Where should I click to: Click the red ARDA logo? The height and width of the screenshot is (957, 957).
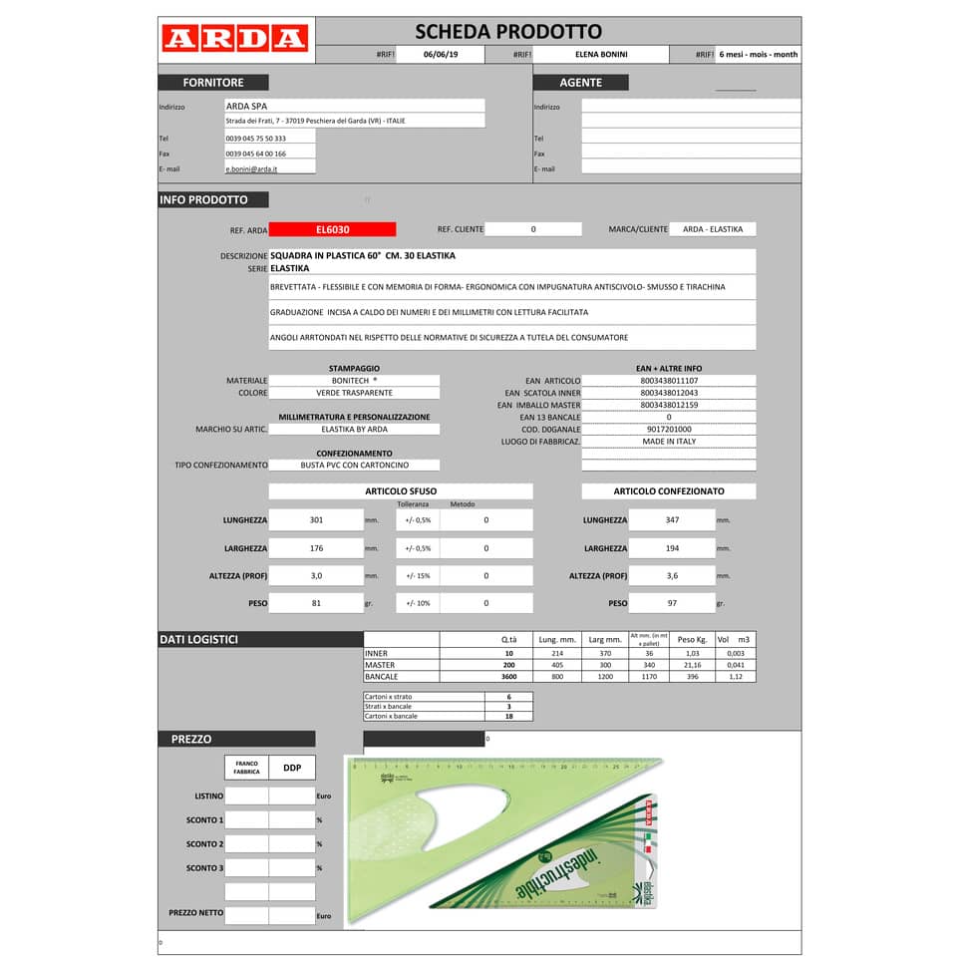click(x=234, y=39)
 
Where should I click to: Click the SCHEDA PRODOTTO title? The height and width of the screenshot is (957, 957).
click(x=507, y=32)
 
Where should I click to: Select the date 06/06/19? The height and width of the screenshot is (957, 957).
click(x=441, y=55)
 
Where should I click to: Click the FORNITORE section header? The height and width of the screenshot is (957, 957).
click(x=212, y=83)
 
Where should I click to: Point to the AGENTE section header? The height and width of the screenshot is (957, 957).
click(x=580, y=83)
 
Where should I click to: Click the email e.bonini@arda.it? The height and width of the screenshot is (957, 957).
click(x=251, y=169)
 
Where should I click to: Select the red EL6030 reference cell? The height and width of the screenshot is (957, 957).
click(x=333, y=229)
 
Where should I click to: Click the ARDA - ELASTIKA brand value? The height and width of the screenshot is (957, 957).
click(x=712, y=229)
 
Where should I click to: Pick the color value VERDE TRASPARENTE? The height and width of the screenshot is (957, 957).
click(x=354, y=393)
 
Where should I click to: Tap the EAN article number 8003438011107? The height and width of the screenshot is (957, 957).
click(x=669, y=381)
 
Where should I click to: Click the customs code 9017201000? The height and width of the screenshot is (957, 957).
click(x=669, y=429)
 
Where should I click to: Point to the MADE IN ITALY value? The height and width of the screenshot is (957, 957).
click(x=669, y=441)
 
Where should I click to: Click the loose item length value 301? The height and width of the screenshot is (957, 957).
click(x=316, y=520)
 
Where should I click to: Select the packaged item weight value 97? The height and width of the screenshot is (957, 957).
click(x=672, y=603)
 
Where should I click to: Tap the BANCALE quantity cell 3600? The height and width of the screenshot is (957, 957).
click(x=508, y=677)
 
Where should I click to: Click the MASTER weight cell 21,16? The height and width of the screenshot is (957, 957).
click(x=691, y=665)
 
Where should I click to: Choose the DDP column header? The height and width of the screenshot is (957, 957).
click(x=292, y=768)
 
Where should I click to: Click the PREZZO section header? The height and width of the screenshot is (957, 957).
click(x=191, y=740)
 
